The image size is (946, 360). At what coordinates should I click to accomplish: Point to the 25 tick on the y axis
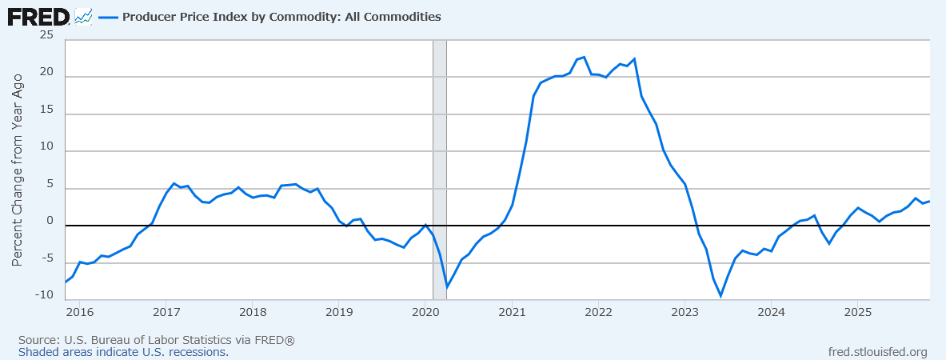(46, 35)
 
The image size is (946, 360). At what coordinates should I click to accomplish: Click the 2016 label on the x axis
(79, 310)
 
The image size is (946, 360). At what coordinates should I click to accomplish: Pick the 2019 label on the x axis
(339, 310)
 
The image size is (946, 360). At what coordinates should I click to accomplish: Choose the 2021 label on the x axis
(512, 310)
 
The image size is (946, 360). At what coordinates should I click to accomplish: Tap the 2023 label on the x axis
(685, 310)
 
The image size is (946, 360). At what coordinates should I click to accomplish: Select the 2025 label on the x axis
(857, 310)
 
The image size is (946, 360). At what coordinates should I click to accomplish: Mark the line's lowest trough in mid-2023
(720, 296)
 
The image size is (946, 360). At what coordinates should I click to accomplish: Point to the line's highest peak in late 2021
(584, 57)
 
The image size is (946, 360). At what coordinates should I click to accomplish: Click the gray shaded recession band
(439, 160)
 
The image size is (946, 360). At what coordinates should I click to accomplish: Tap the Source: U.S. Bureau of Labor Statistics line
(157, 340)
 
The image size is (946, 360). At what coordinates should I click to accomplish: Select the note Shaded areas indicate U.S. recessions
(123, 352)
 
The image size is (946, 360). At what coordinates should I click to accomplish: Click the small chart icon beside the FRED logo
(83, 16)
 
